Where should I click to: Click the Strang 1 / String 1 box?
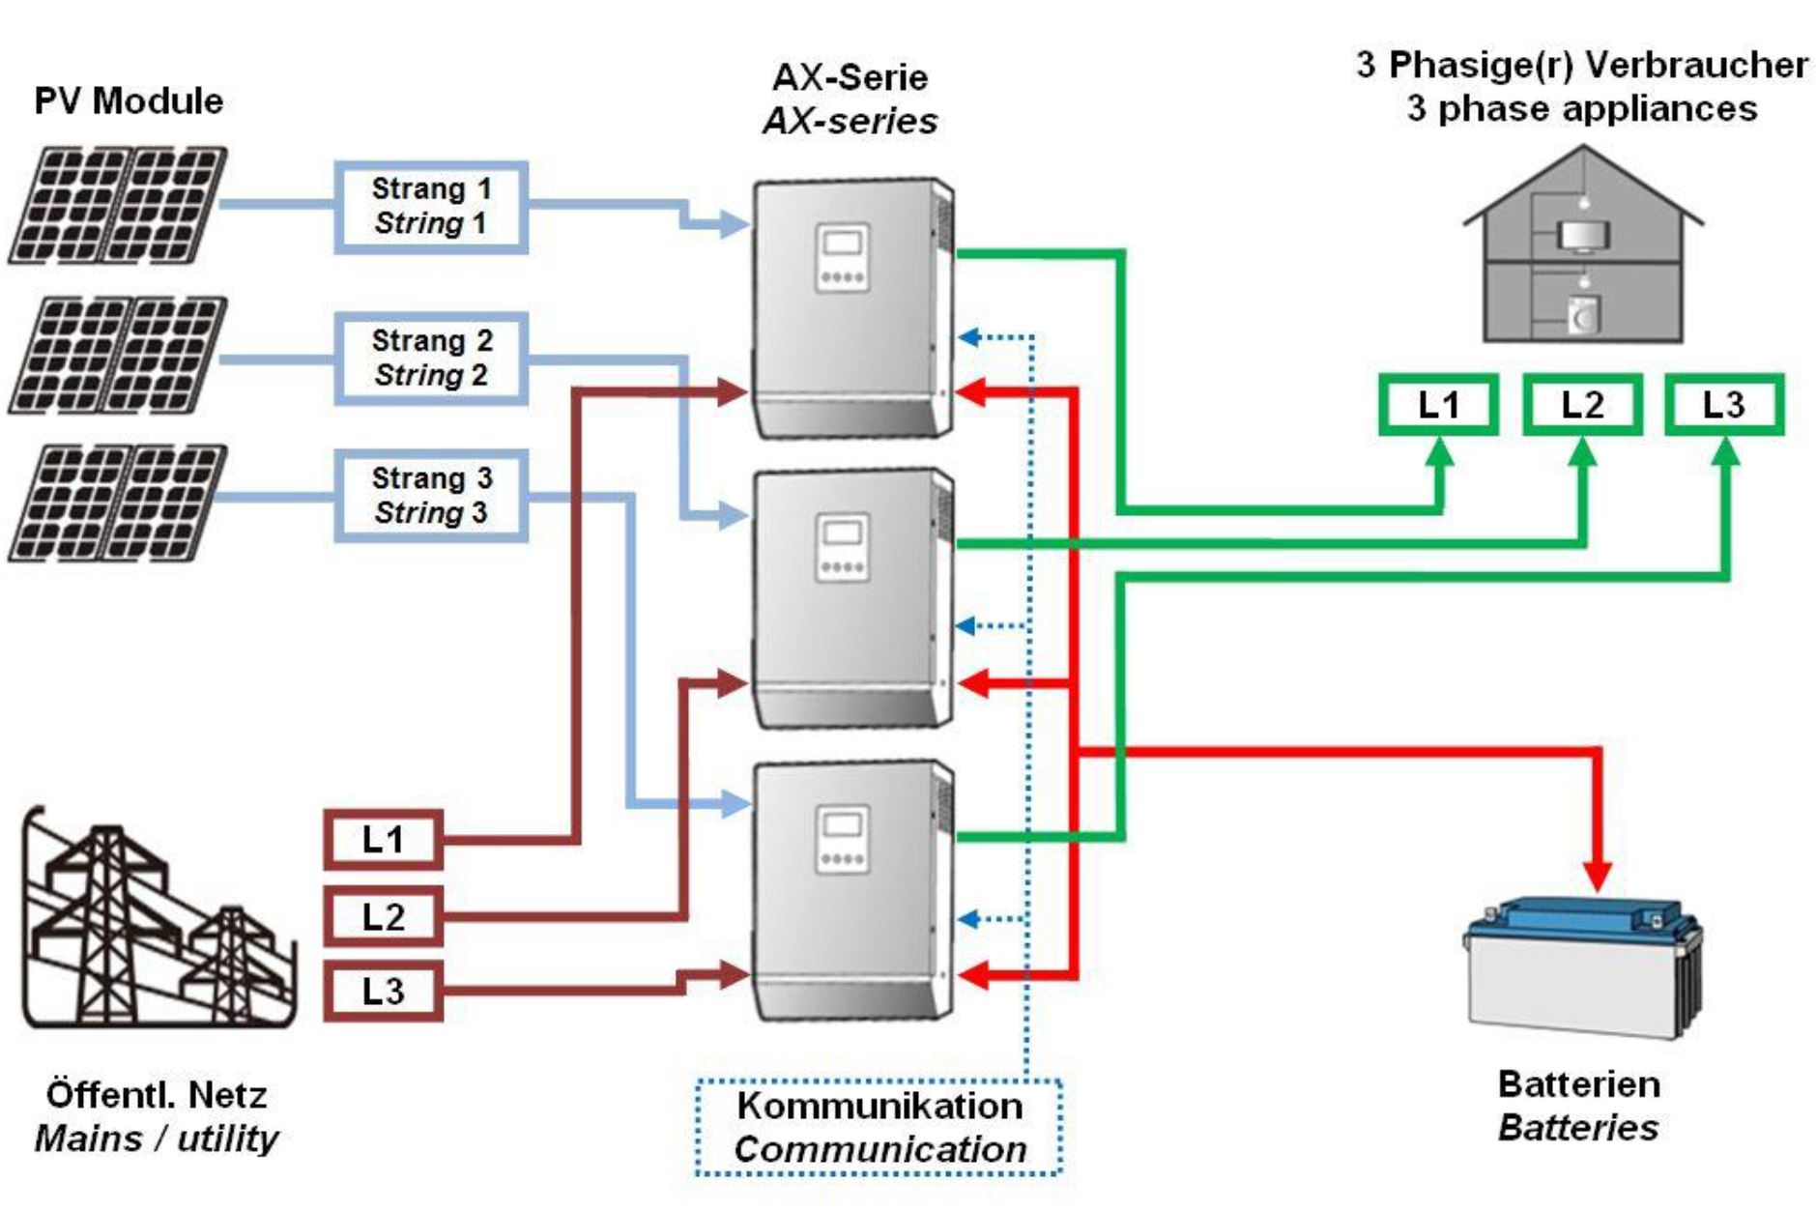(x=431, y=207)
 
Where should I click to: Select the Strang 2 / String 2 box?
(x=431, y=359)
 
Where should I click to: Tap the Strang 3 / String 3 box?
(x=431, y=496)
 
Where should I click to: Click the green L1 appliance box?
(x=1438, y=405)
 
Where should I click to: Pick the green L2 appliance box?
(x=1582, y=405)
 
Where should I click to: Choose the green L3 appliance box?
(x=1724, y=405)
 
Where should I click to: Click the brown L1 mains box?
(x=384, y=840)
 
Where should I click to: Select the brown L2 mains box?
(x=384, y=916)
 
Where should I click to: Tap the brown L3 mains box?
(x=384, y=991)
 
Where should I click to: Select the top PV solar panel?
(x=118, y=205)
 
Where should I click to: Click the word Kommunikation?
(x=879, y=1106)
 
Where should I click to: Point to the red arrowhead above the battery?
(x=1598, y=875)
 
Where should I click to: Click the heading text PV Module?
(x=129, y=101)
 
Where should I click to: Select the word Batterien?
(x=1578, y=1084)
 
